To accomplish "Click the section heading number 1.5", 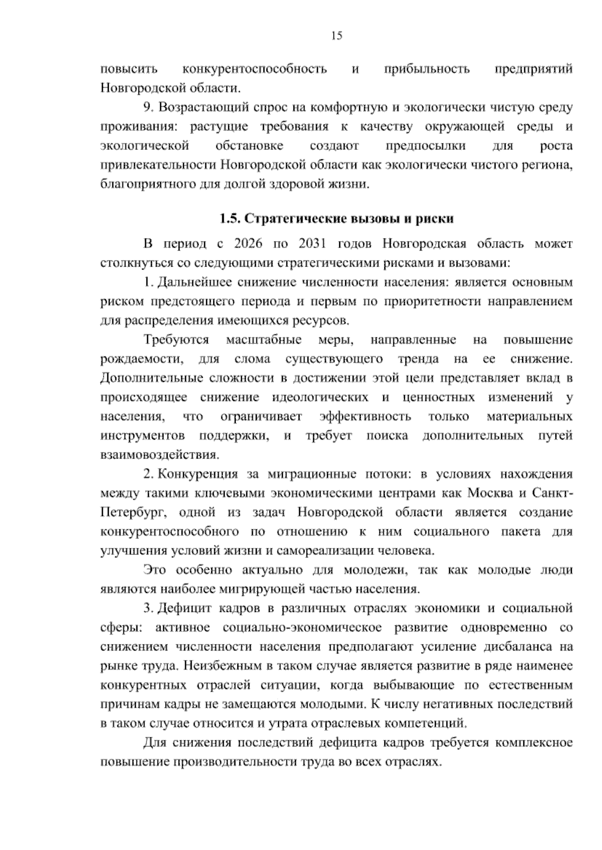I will [x=231, y=219].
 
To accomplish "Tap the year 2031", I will [x=313, y=244].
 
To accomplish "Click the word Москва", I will [x=491, y=493].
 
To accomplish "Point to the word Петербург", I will [x=128, y=513].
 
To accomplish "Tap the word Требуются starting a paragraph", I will [x=176, y=340].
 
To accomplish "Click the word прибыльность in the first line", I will [x=427, y=69].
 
